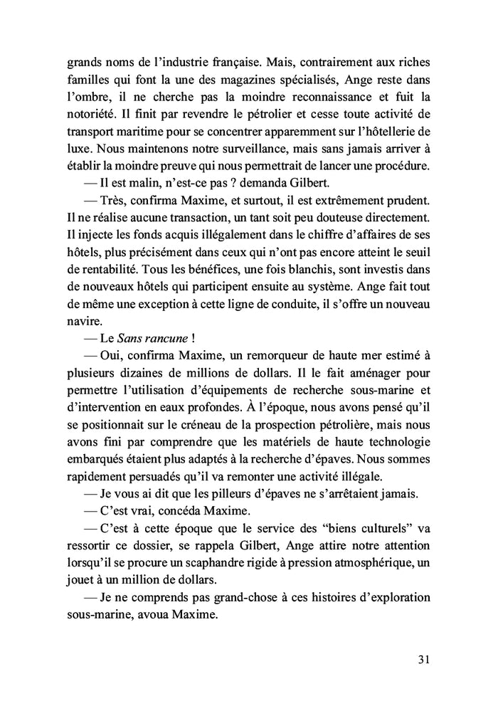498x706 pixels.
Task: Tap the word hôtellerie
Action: [x=377, y=132]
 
